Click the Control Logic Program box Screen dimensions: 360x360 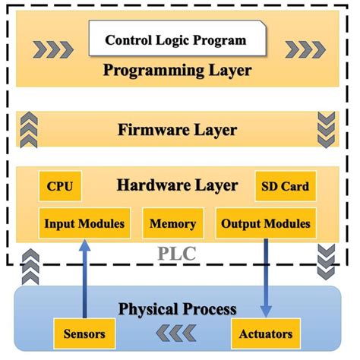[x=175, y=39]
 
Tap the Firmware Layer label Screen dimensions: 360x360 [x=178, y=130]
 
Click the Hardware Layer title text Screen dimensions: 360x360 [x=178, y=185]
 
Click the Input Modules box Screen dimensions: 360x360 [x=81, y=223]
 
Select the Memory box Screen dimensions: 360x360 [x=173, y=223]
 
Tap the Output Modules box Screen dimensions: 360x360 [x=266, y=223]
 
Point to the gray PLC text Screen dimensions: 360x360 [x=177, y=253]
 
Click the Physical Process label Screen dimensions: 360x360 [x=178, y=309]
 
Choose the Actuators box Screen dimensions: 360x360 [x=266, y=333]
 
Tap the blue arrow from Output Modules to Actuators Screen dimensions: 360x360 [x=266, y=277]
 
